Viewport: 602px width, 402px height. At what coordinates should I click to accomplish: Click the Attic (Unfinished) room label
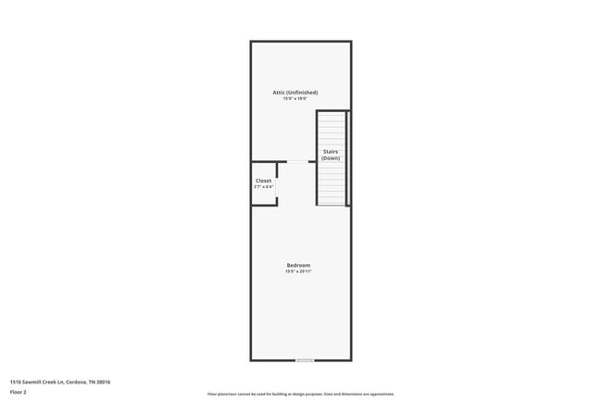[x=295, y=93]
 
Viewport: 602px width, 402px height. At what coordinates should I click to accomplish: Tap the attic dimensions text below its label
[x=295, y=99]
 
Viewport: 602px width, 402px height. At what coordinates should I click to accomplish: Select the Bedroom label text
[x=298, y=265]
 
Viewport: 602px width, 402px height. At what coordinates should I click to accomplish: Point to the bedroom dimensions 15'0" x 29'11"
[x=298, y=271]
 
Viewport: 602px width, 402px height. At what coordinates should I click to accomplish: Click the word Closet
[x=264, y=181]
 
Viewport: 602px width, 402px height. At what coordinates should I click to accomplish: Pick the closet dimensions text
[x=264, y=187]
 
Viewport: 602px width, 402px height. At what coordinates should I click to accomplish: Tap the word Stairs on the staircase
[x=330, y=151]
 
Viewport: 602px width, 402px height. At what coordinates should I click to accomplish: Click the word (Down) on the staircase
[x=331, y=158]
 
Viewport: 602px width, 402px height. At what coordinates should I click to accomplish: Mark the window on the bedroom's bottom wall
[x=305, y=359]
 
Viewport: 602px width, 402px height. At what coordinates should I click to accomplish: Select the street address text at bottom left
[x=60, y=382]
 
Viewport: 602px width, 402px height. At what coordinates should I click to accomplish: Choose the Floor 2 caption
[x=19, y=393]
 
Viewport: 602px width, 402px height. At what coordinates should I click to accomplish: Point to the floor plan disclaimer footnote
[x=301, y=394]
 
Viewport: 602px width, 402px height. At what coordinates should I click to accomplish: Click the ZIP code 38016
[x=104, y=382]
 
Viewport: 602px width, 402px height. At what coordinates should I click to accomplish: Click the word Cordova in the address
[x=78, y=382]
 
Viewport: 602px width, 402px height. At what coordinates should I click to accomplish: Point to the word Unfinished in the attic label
[x=303, y=93]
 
